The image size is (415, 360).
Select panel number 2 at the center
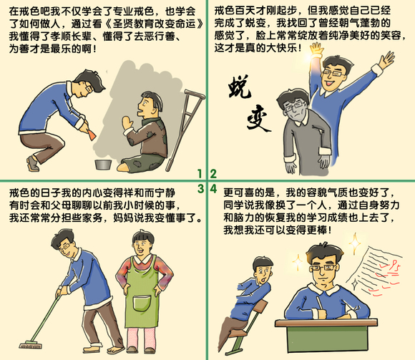213,174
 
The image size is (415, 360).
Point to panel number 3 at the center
201,188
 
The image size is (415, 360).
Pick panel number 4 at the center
213,188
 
